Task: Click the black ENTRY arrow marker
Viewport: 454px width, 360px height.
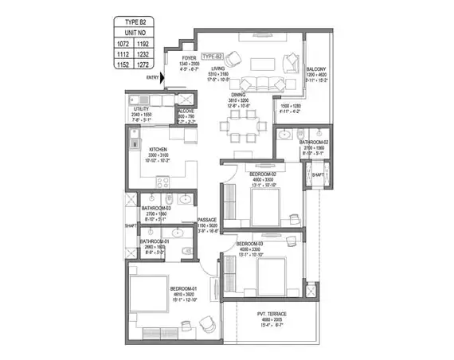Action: pyautogui.click(x=163, y=77)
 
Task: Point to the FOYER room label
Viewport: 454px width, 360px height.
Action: pyautogui.click(x=190, y=58)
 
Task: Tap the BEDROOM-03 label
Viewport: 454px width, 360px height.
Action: pyautogui.click(x=250, y=243)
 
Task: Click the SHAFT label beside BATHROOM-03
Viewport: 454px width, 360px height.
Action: pyautogui.click(x=129, y=225)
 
